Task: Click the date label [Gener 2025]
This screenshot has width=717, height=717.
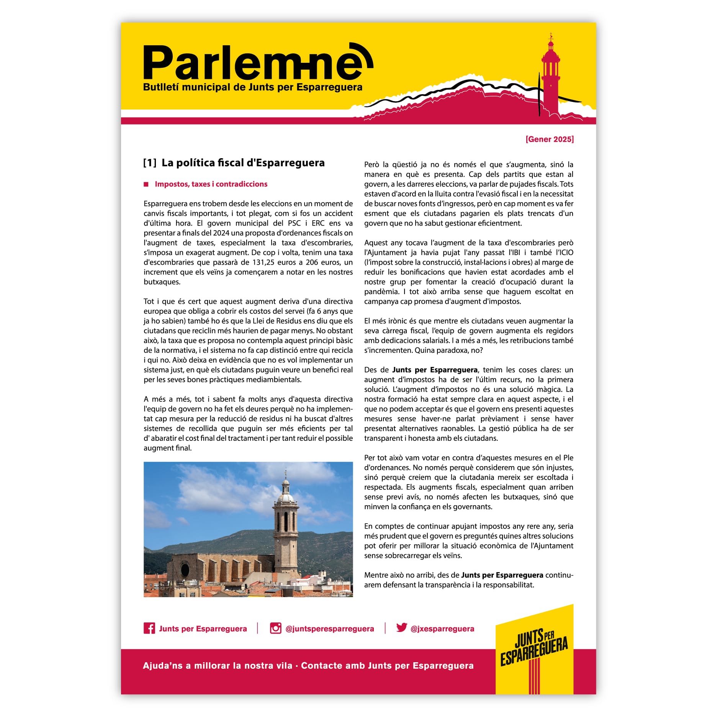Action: point(549,139)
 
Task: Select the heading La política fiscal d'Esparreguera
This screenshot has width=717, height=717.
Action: point(243,163)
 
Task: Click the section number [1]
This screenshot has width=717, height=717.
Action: point(150,163)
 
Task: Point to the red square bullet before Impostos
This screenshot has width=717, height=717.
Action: point(146,184)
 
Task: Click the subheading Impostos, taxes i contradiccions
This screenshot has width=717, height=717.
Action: point(211,184)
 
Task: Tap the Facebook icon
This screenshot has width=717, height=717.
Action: point(149,629)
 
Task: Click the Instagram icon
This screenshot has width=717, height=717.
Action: point(275,629)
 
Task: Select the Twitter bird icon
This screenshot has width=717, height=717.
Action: point(401,628)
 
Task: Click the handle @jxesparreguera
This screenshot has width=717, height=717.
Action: point(442,629)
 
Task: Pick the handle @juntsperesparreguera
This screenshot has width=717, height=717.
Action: point(329,629)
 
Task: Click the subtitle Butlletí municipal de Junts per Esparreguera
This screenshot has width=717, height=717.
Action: point(252,87)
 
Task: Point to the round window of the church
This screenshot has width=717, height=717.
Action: point(185,570)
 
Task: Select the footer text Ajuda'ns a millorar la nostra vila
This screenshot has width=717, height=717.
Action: point(218,666)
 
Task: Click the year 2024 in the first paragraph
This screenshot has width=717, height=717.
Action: point(221,233)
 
